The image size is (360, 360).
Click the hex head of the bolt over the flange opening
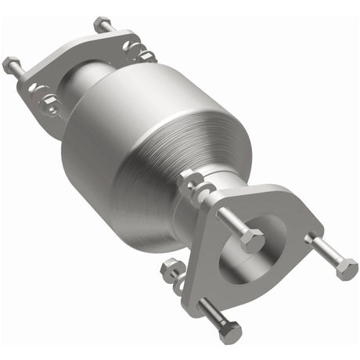click(x=252, y=242)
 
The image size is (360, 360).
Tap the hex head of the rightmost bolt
click(x=346, y=270)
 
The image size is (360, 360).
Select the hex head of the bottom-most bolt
click(x=230, y=334)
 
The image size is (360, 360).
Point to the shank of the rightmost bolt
click(x=325, y=252)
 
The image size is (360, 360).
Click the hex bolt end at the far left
click(x=10, y=64)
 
